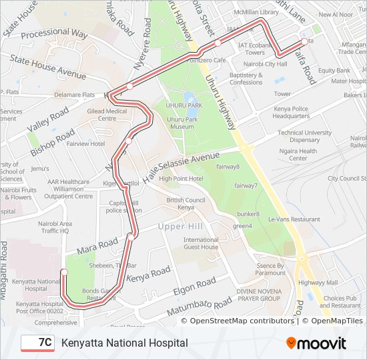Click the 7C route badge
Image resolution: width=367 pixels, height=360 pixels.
tap(38, 343)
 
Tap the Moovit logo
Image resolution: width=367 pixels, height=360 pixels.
tap(316, 343)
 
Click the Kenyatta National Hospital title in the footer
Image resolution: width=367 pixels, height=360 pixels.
tap(124, 343)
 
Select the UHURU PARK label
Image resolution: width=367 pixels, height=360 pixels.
tap(185, 106)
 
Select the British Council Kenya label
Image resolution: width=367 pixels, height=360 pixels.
tap(186, 203)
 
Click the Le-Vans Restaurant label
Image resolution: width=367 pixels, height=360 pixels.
tap(294, 219)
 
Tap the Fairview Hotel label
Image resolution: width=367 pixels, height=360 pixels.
tap(85, 143)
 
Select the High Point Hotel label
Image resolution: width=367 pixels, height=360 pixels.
tap(181, 179)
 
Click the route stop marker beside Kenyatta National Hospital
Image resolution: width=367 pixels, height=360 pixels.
tap(64, 272)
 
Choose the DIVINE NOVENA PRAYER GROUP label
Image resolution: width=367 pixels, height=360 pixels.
tap(261, 295)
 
